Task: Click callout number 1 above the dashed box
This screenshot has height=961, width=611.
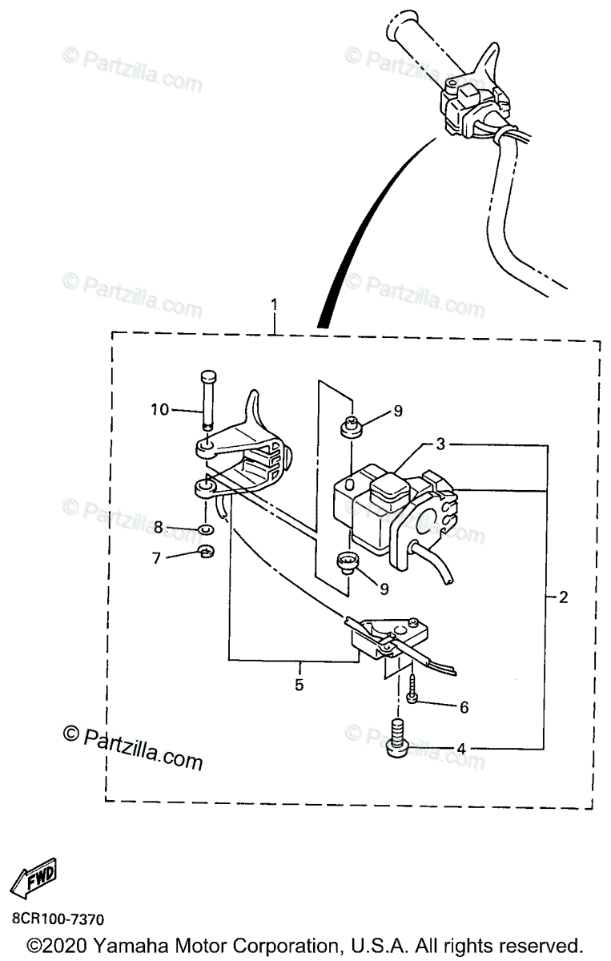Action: click(x=275, y=306)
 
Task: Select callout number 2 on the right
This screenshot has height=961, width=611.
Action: click(x=564, y=597)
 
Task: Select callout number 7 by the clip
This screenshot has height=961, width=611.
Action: click(x=158, y=557)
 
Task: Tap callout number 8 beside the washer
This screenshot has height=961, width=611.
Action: click(x=158, y=527)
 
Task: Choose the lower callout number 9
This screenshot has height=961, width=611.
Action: click(x=384, y=589)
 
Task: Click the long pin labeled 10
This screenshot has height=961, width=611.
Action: click(x=207, y=396)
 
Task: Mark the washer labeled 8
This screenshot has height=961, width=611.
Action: click(x=205, y=529)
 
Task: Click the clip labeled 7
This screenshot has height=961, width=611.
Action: click(x=205, y=551)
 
